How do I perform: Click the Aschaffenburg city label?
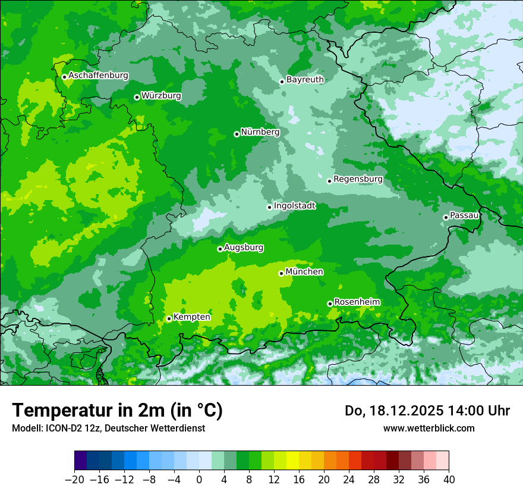tap(98, 76)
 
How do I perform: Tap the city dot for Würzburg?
tap(137, 97)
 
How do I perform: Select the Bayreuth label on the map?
tap(305, 79)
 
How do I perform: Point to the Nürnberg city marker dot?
tap(237, 134)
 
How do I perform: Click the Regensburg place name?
tap(358, 179)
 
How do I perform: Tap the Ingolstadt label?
tap(294, 205)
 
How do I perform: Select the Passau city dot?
tap(446, 217)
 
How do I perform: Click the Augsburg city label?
tap(244, 247)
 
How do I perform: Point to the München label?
tap(304, 271)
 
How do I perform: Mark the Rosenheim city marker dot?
tap(330, 304)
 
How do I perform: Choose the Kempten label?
tap(191, 317)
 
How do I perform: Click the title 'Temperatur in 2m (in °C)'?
tap(117, 411)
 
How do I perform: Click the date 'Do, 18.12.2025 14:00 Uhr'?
tap(427, 411)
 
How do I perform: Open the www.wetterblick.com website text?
tap(429, 428)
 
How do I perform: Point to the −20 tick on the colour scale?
tap(74, 479)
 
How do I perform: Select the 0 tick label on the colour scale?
tap(199, 479)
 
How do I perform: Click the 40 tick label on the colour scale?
tap(449, 479)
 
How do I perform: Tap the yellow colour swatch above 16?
tap(292, 461)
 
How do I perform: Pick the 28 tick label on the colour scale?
tap(374, 479)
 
